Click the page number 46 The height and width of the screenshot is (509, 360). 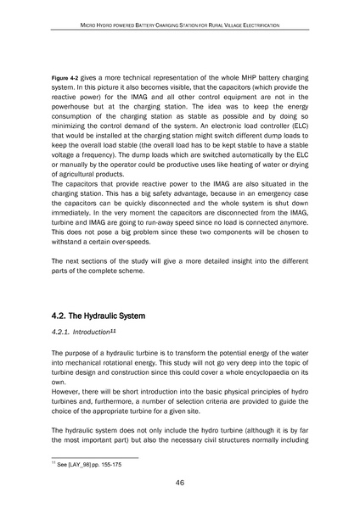pyautogui.click(x=180, y=484)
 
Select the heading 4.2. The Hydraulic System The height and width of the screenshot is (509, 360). pyautogui.click(x=110, y=315)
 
